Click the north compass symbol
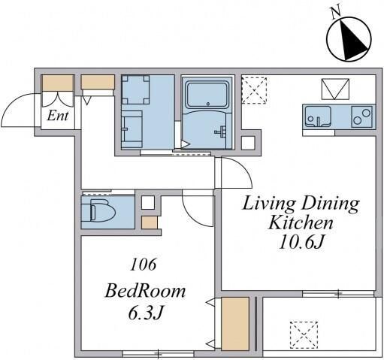[x=349, y=39]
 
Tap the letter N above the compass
[x=336, y=13]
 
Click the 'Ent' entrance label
[x=58, y=116]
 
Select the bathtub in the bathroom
[x=208, y=95]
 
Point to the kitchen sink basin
[x=318, y=116]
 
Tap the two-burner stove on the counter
[x=361, y=116]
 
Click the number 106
[x=144, y=265]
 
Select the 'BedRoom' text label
[x=145, y=291]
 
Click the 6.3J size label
[x=146, y=313]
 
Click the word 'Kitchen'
[x=301, y=223]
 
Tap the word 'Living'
[x=269, y=204]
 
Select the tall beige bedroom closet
[x=235, y=323]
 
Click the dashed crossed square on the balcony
[x=304, y=335]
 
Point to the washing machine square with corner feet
[x=135, y=89]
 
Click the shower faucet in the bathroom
[x=221, y=132]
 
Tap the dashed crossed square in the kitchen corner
[x=254, y=90]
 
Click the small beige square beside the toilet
[x=150, y=222]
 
